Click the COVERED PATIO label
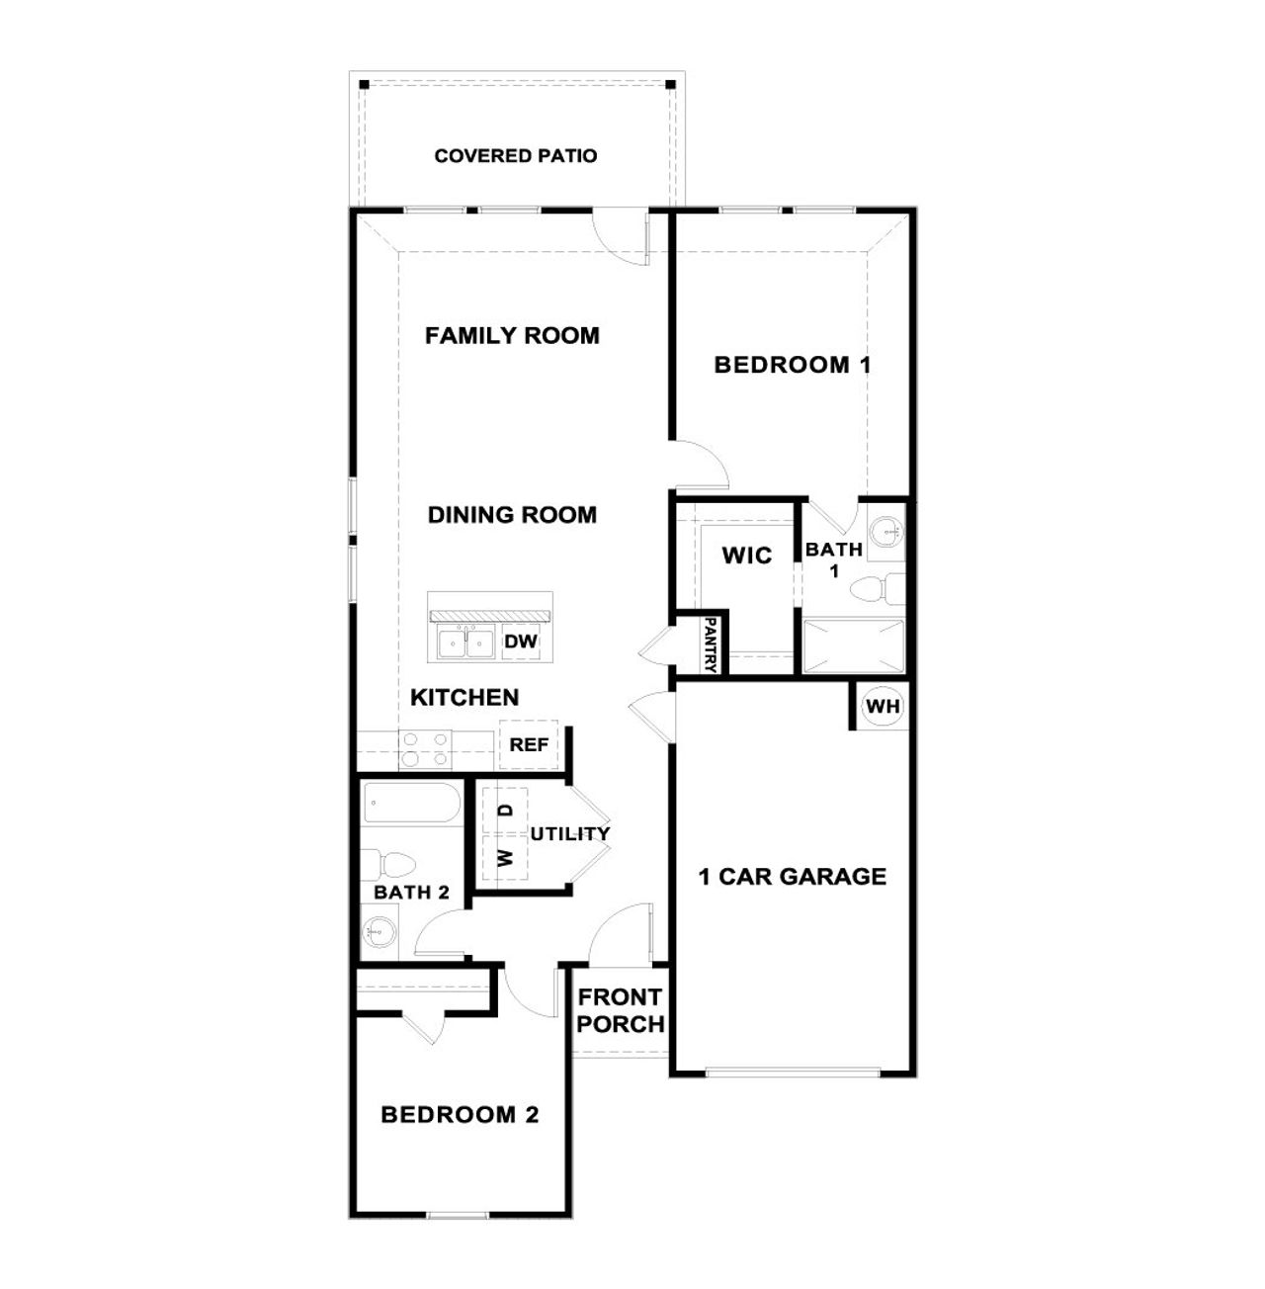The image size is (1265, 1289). point(515,156)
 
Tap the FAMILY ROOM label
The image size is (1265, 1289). point(512,336)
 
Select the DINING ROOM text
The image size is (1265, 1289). point(512,515)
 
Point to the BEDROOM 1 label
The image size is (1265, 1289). point(793,365)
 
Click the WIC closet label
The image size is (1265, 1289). point(746,556)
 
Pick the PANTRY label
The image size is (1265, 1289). point(710,644)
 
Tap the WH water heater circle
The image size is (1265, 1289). point(883,706)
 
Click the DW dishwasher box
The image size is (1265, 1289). point(521,642)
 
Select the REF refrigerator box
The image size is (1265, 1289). point(529,745)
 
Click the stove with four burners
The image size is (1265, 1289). point(425,749)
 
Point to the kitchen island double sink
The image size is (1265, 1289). point(465,643)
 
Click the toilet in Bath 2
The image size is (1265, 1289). point(386,865)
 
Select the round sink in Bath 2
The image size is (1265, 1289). point(379,930)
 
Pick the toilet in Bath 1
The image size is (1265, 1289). point(876,589)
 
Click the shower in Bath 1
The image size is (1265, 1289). point(853,646)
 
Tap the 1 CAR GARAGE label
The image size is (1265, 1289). point(793,877)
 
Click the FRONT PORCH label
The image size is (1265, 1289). point(621,1011)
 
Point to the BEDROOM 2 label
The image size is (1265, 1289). point(460,1115)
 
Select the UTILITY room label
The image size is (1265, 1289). point(570,834)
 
